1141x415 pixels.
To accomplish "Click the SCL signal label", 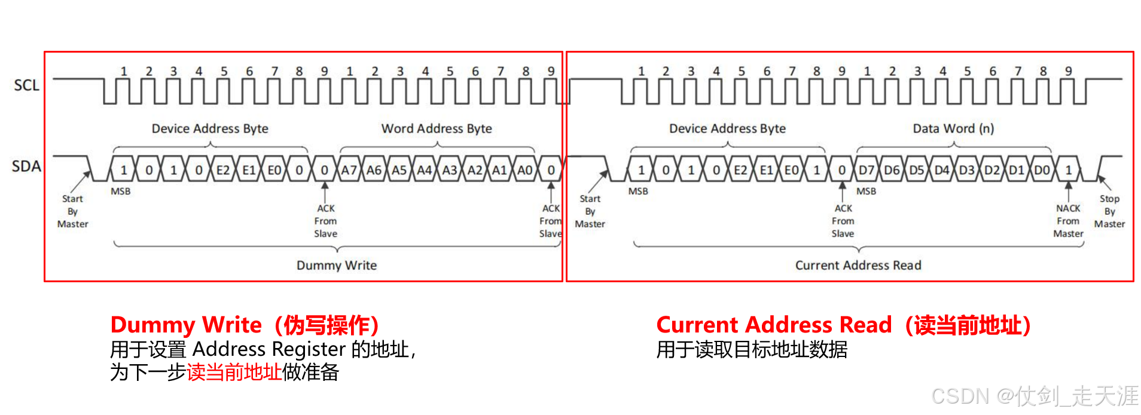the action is (x=26, y=86).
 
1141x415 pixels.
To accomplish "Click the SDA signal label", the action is (x=26, y=166).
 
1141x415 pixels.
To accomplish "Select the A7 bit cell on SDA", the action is (x=349, y=170).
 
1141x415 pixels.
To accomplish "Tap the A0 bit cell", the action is (x=524, y=170).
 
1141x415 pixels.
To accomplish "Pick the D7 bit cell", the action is (x=867, y=170).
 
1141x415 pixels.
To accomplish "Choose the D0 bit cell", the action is (x=1042, y=170).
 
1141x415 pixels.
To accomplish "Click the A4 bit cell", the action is (x=424, y=170).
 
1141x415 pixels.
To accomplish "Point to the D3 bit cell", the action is (x=966, y=170).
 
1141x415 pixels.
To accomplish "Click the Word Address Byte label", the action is (x=437, y=129).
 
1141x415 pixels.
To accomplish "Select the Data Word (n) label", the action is (x=953, y=129).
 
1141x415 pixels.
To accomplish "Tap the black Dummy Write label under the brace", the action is (x=337, y=266).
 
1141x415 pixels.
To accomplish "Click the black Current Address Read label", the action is (x=858, y=266).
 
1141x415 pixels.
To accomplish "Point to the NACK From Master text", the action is (x=1068, y=221).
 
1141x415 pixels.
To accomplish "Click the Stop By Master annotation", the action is (x=1109, y=211).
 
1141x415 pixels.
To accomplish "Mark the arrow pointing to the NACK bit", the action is (x=1069, y=191).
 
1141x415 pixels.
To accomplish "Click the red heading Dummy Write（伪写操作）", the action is (x=245, y=325).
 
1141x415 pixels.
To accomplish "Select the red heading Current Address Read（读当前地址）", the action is (x=843, y=325).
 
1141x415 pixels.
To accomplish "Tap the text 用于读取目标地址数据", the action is (x=752, y=349).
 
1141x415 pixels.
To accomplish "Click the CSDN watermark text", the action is (x=1035, y=396).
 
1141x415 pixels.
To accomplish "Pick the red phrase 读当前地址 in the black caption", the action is (x=234, y=372).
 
